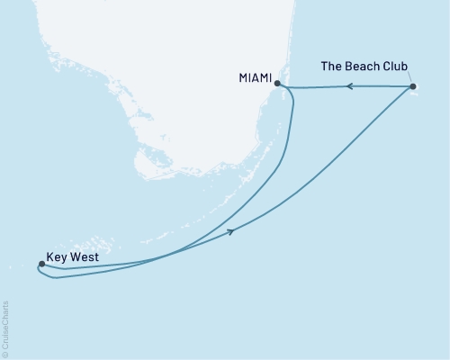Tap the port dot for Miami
coord(277,84)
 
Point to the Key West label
coord(72,256)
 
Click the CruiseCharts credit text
coord(5,325)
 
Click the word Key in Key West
coord(56,256)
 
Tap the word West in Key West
coord(85,256)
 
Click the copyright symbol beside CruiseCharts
coord(5,354)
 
